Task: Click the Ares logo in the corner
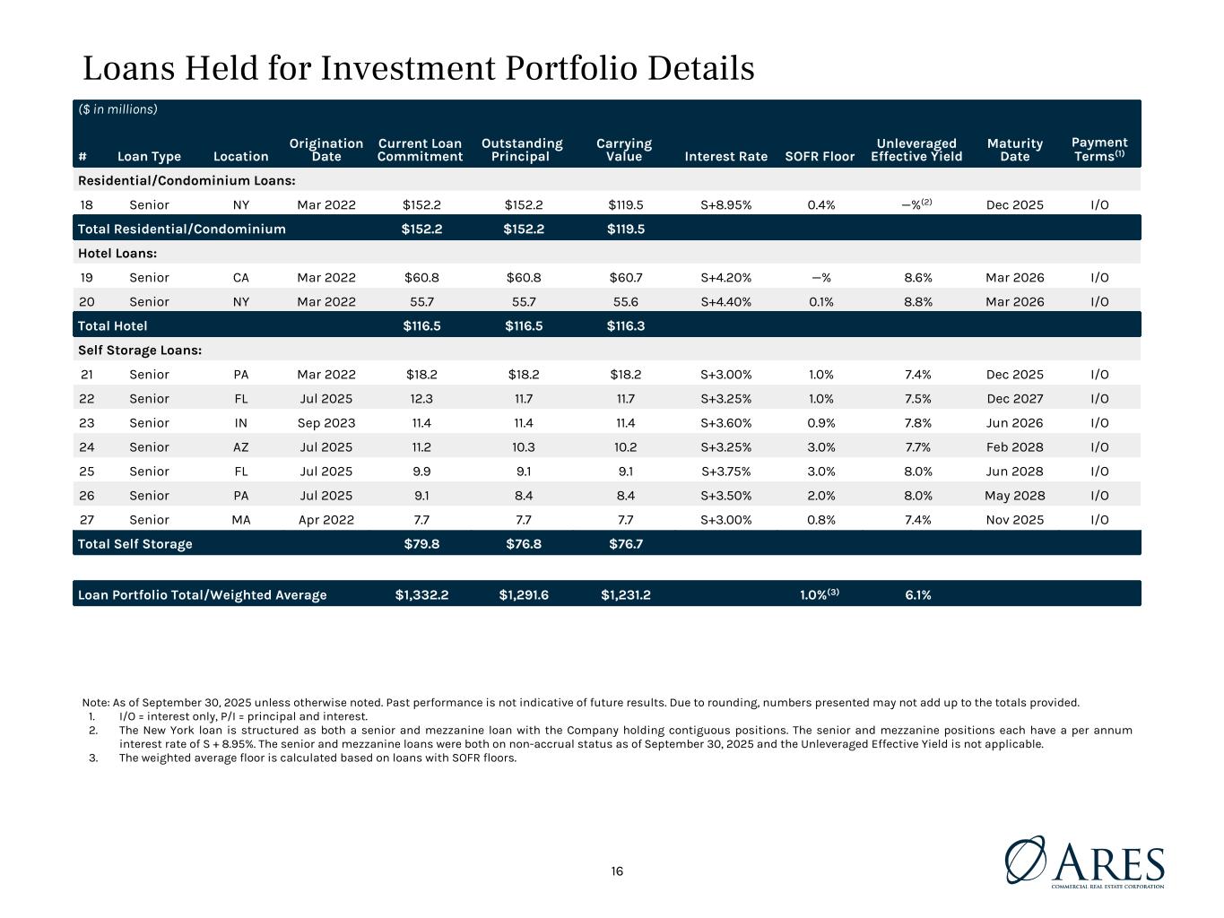click(1084, 862)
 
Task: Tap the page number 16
click(617, 871)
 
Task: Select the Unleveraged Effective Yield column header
click(916, 150)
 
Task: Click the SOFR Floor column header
click(820, 156)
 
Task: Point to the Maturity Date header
click(1014, 150)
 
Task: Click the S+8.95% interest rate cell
click(725, 204)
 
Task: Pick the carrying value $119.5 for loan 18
click(624, 204)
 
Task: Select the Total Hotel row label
click(113, 325)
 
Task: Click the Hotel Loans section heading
click(117, 254)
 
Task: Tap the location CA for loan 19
click(240, 278)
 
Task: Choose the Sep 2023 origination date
click(326, 423)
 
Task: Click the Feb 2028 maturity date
click(1014, 447)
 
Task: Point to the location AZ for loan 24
click(240, 447)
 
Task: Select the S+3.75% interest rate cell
click(725, 472)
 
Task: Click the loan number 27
click(86, 520)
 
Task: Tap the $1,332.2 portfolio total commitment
click(421, 595)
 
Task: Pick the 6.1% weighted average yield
click(917, 595)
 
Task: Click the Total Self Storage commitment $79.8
click(421, 543)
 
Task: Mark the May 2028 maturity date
click(1014, 496)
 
